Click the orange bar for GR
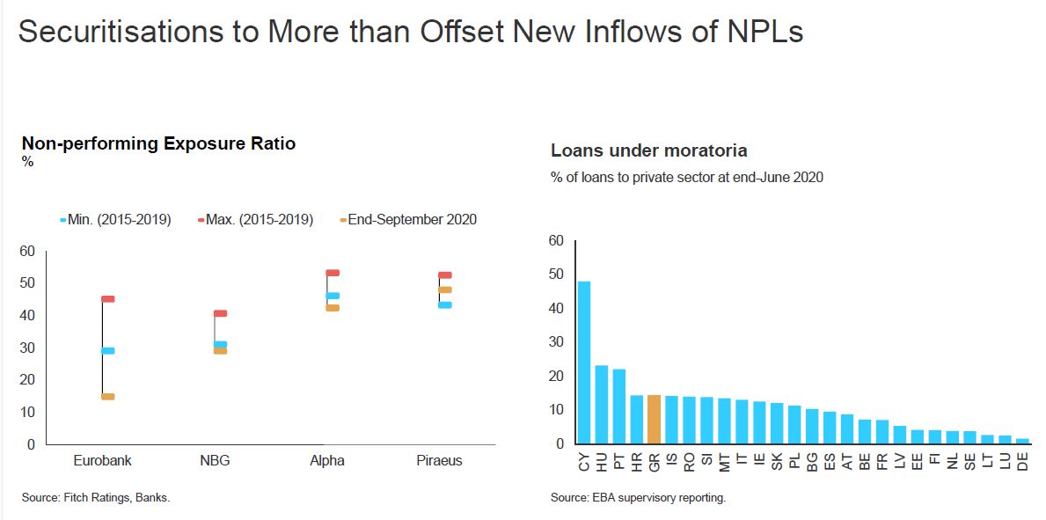(x=654, y=420)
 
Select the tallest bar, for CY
(x=583, y=363)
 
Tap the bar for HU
(x=602, y=405)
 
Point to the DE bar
(x=1022, y=441)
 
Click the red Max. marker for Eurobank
(x=108, y=299)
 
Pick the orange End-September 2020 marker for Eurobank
(x=108, y=397)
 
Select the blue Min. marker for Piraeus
(x=445, y=305)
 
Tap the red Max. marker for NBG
(x=221, y=313)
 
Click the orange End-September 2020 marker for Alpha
(x=333, y=308)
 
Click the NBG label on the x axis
(x=215, y=460)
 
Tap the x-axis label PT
(x=619, y=459)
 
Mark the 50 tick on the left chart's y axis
(x=27, y=283)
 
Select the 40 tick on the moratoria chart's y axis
(x=555, y=309)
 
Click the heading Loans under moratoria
(x=648, y=150)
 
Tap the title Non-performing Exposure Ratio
(x=158, y=143)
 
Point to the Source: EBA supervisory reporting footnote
(x=638, y=498)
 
